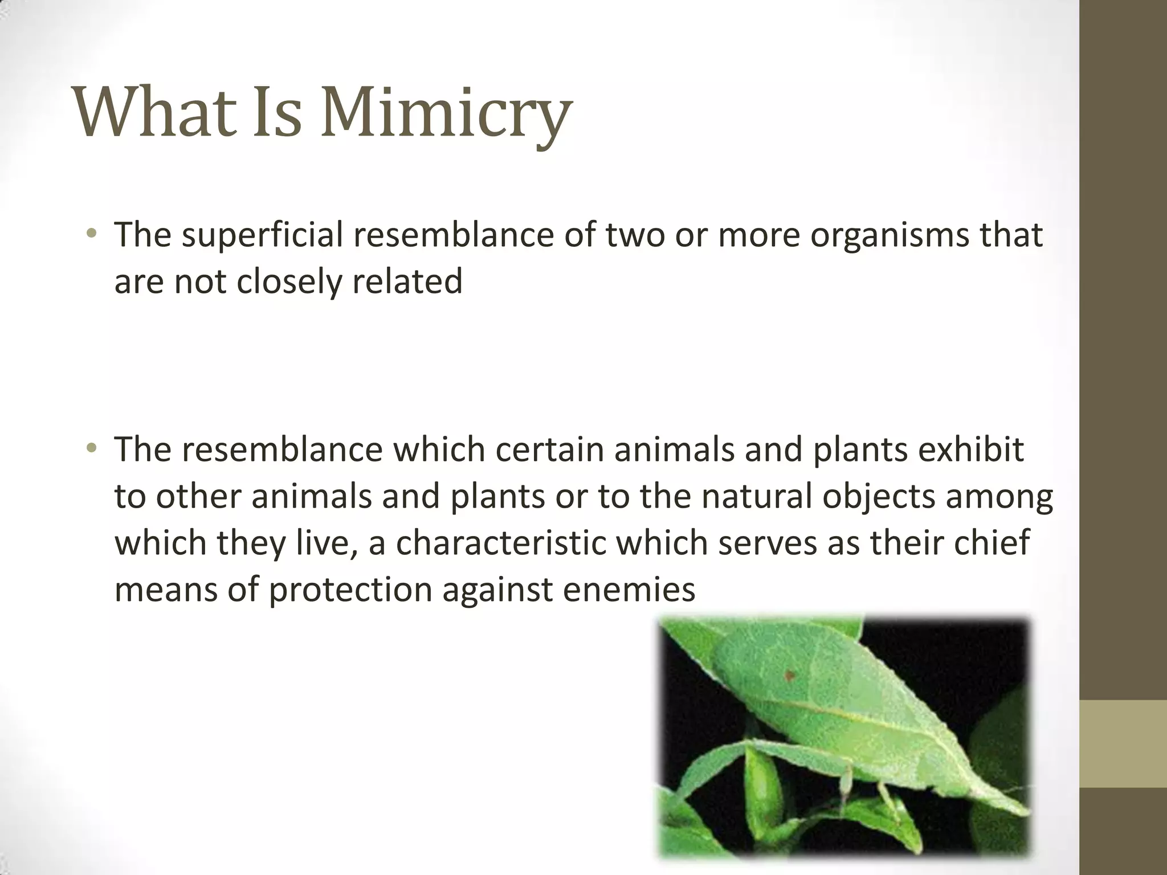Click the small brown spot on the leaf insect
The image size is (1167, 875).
click(x=790, y=676)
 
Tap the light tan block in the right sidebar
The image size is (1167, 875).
click(x=1123, y=745)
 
